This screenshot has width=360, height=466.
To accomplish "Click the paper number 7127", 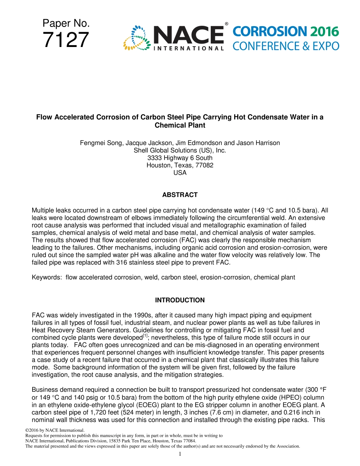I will point(66,40).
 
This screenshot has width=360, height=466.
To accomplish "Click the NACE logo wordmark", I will point(188,35).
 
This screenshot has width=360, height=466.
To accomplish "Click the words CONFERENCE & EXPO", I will point(286,46).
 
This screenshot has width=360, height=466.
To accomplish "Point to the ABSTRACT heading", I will point(180,195).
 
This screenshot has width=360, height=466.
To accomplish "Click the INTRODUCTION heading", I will point(180,300).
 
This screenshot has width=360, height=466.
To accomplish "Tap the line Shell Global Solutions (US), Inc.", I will point(180,150).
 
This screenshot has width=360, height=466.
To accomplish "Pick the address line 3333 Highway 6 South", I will point(180,158).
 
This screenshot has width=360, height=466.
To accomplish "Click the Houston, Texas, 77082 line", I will point(180,165).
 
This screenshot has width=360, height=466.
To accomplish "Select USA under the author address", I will point(180,173).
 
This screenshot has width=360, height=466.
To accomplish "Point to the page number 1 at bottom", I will point(180,454).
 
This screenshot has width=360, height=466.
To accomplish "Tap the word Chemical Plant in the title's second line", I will point(180,125).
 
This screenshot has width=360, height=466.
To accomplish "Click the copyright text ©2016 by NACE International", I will point(54,430).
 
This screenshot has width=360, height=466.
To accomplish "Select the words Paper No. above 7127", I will point(66,23).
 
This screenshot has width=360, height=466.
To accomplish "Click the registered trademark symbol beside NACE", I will point(226,24).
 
